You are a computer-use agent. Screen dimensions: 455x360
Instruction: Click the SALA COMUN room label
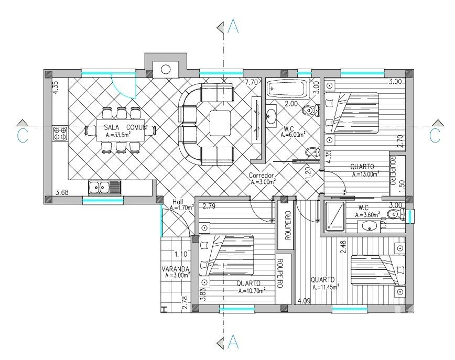point(125,127)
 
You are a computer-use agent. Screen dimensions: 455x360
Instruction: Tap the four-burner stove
point(60,134)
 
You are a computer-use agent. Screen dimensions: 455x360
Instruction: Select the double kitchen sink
point(104,187)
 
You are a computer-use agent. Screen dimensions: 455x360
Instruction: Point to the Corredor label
point(262,176)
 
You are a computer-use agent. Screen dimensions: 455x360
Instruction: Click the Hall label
point(178,202)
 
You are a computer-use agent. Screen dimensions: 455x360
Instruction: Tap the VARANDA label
point(176,269)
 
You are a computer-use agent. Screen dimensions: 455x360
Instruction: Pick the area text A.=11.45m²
point(326,287)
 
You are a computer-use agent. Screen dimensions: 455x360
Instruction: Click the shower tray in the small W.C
point(335,217)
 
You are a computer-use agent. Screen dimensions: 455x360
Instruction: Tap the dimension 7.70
point(251,82)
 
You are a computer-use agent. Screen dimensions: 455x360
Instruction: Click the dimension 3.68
point(62,192)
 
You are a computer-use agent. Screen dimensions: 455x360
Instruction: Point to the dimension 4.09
point(304,301)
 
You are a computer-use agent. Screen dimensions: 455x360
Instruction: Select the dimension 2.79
point(209,206)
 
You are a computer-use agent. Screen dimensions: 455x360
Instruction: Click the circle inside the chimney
point(166,69)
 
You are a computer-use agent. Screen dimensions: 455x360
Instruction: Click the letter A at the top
point(233,26)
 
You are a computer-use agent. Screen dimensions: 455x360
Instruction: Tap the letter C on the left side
point(23,136)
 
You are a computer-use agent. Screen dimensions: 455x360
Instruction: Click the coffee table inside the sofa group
point(220,123)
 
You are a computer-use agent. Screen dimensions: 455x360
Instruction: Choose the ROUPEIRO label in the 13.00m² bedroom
point(393,171)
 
